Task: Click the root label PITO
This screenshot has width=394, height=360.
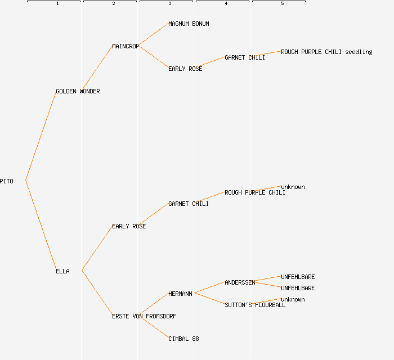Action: coord(7,181)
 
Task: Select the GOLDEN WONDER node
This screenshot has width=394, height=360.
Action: coord(78,91)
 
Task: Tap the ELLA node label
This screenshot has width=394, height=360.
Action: coord(62,271)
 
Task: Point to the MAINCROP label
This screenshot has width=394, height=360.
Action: coord(125,46)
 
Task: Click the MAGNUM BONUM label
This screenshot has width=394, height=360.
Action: coord(189,24)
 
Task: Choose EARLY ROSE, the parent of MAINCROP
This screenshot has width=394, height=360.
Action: coord(185,69)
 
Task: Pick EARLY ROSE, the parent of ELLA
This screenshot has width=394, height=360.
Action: coord(128,226)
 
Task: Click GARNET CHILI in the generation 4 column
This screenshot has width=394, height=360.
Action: coord(244,57)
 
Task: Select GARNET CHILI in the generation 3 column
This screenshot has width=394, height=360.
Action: coord(188,204)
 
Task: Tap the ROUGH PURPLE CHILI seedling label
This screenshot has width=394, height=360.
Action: coord(326,52)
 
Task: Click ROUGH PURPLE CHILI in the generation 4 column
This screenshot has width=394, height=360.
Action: coord(254,192)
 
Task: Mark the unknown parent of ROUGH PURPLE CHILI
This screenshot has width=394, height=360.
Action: coord(293,187)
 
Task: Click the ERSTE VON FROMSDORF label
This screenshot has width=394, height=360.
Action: coord(144,316)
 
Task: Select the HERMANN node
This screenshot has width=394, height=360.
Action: coord(180,294)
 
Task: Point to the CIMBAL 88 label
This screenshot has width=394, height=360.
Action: coord(183,339)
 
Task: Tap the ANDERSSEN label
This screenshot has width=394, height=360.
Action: coord(239,282)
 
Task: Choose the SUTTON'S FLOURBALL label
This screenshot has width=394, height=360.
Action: coord(254,305)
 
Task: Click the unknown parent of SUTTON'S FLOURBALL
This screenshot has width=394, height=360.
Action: coord(293,299)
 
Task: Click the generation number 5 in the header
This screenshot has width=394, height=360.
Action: coord(283,4)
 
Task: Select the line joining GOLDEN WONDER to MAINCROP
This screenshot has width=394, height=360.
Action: coord(97,68)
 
